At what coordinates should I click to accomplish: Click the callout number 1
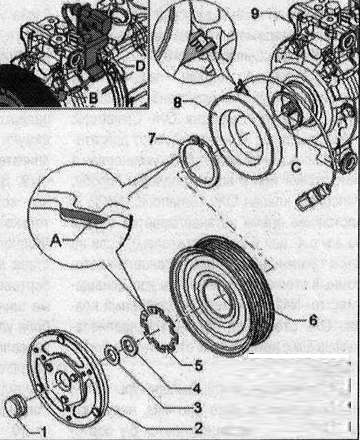click(x=44, y=429)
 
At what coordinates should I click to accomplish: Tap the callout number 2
click(x=199, y=428)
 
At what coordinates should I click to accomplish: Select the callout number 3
click(x=198, y=407)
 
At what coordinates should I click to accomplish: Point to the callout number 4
click(x=198, y=386)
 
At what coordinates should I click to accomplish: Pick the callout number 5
click(x=199, y=365)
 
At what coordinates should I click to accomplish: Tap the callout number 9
click(x=255, y=13)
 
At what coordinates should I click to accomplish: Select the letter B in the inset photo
click(x=93, y=98)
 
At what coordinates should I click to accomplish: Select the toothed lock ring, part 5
click(x=160, y=330)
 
